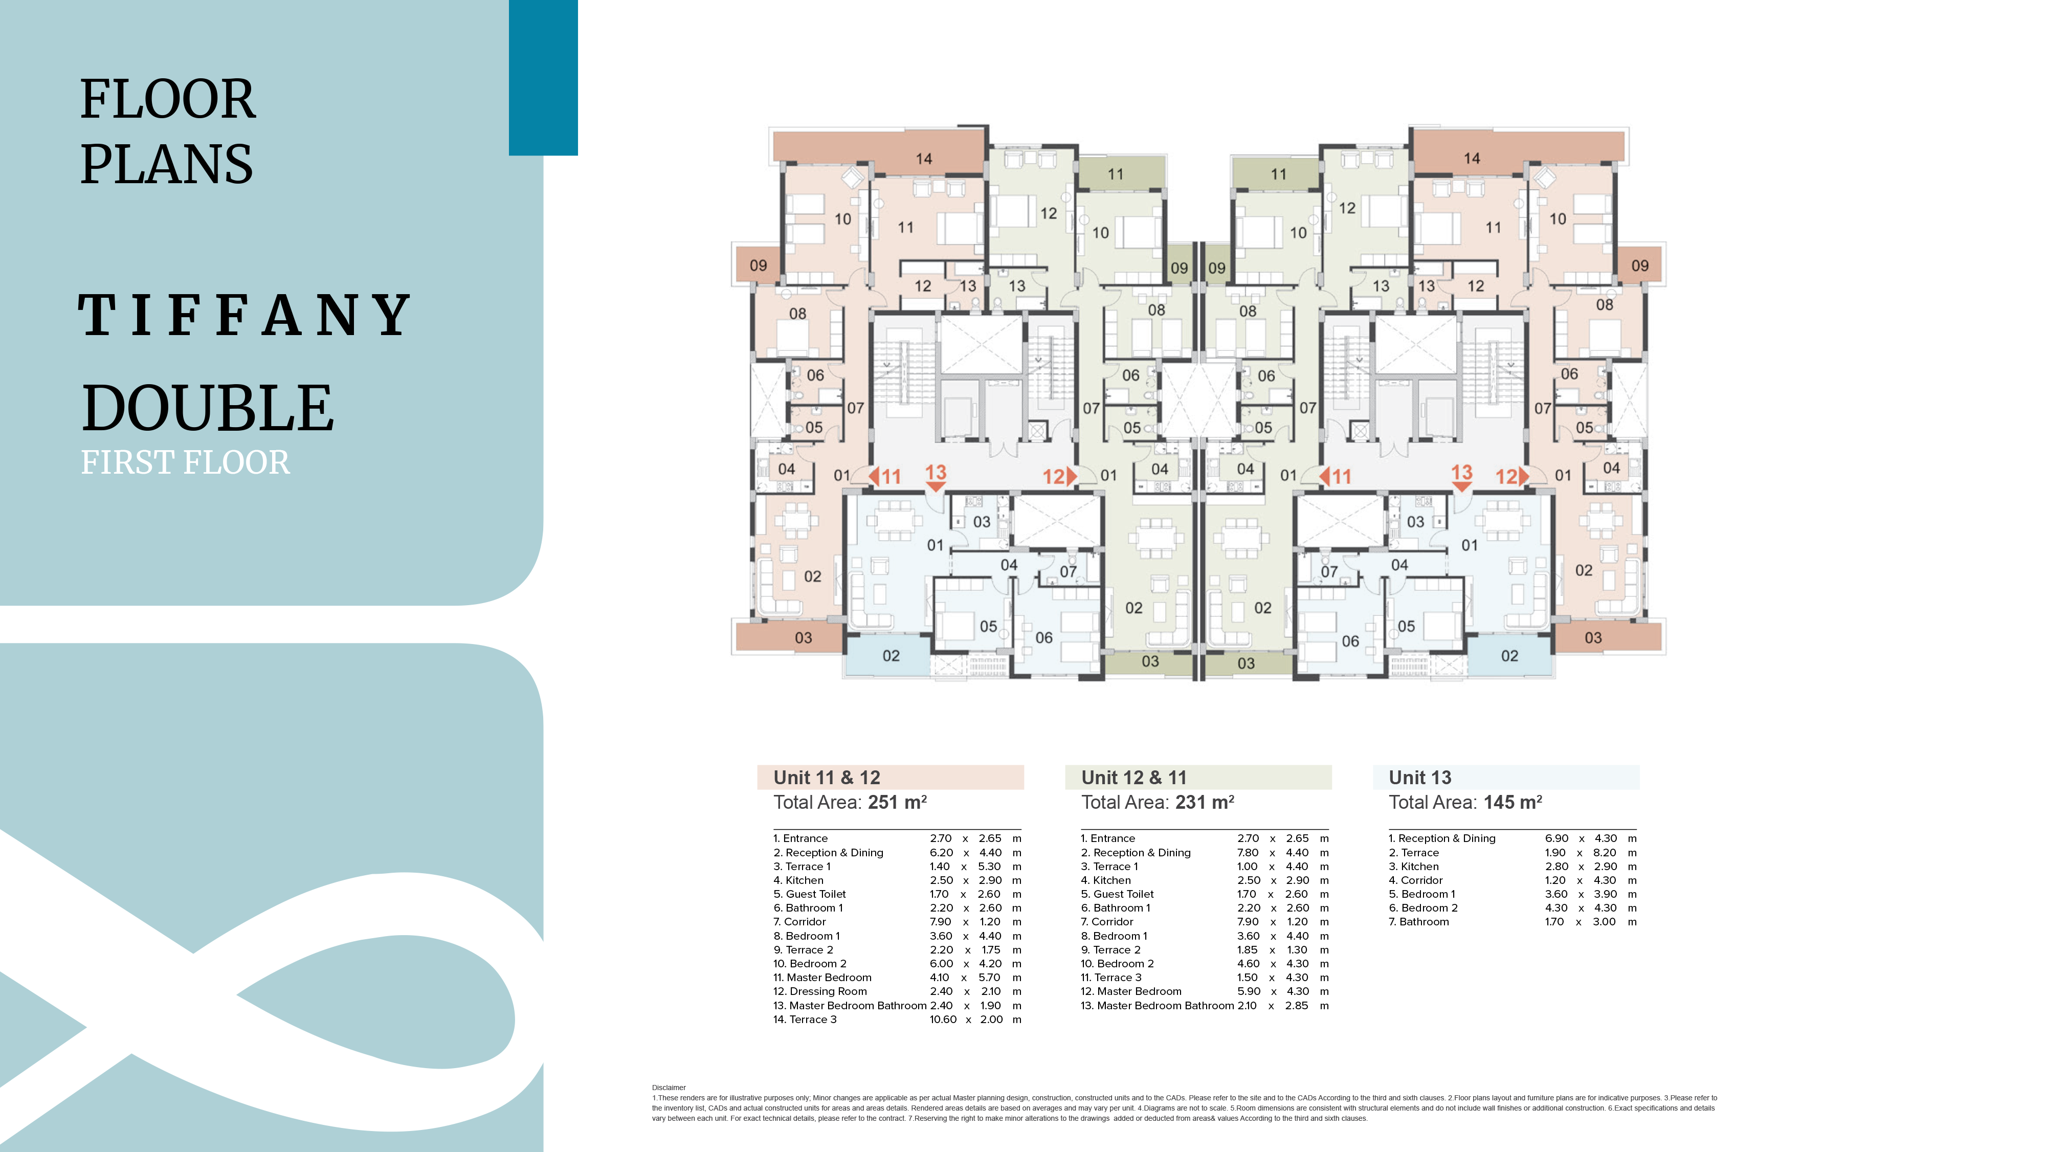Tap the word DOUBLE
coord(208,408)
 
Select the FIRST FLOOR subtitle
coord(186,462)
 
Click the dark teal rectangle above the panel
coord(543,77)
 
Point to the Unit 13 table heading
coord(1420,777)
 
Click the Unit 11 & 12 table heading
coord(827,777)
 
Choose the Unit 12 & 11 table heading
coord(1134,777)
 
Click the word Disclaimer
coord(669,1088)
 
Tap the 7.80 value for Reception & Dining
coord(1248,852)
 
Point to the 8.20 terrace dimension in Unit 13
coord(1605,852)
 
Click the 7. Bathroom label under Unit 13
coord(1418,922)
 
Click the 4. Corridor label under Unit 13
coord(1415,880)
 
